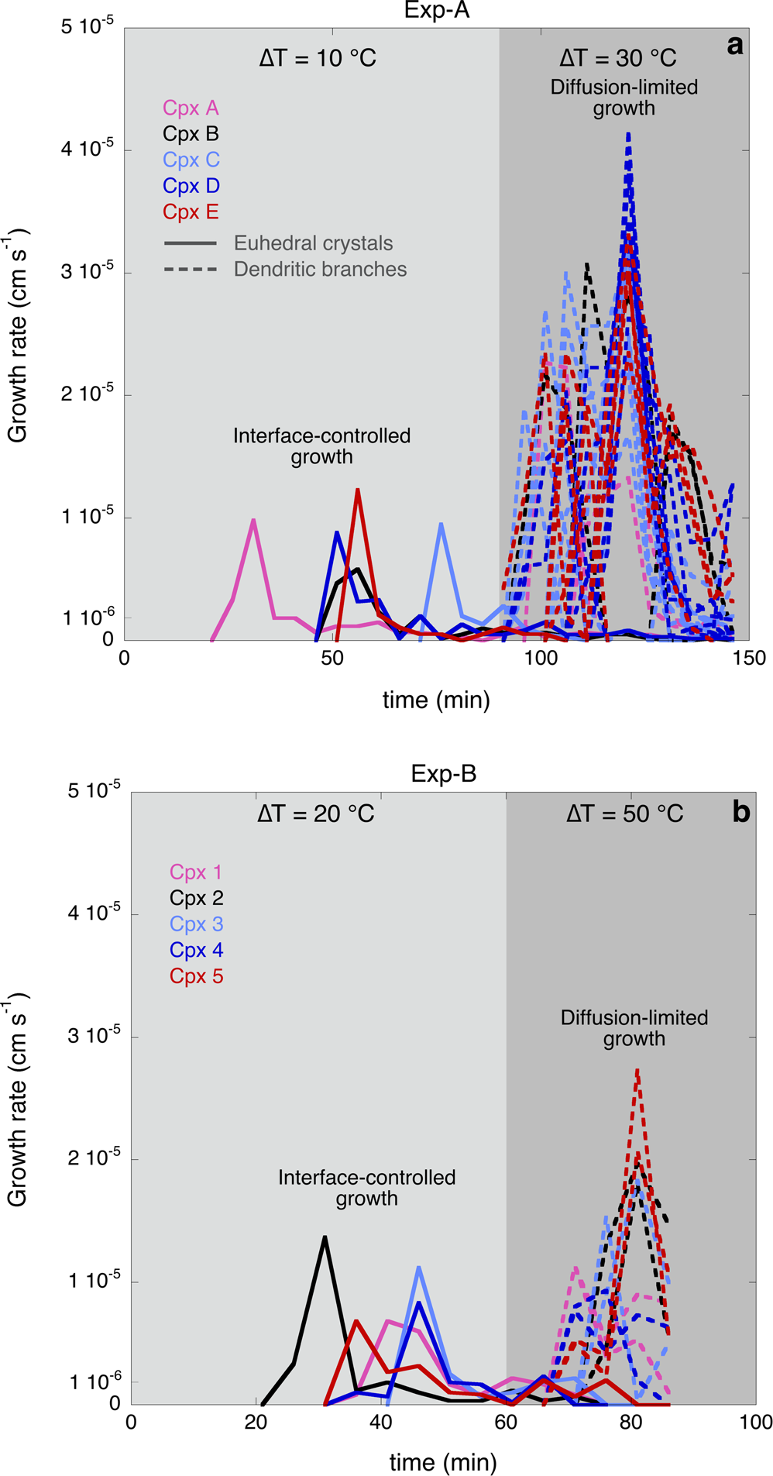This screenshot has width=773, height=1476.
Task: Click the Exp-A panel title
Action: (x=437, y=11)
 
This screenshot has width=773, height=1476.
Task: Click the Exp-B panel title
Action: (x=443, y=773)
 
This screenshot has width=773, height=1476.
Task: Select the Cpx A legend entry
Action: (x=191, y=108)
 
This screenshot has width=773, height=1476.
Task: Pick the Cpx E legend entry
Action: (x=191, y=212)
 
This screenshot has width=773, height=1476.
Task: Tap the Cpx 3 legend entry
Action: (x=196, y=924)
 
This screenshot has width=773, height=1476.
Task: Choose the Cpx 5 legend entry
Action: (x=196, y=975)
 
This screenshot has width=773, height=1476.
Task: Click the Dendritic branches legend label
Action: (x=320, y=269)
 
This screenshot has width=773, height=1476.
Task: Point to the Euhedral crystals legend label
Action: (x=313, y=243)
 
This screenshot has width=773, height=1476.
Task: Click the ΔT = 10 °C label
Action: (x=318, y=58)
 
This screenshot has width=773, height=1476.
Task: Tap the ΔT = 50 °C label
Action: (x=624, y=814)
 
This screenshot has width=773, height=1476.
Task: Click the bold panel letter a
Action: (x=734, y=45)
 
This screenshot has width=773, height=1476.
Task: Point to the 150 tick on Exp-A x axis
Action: (x=748, y=659)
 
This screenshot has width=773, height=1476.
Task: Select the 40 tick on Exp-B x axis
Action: (x=380, y=1422)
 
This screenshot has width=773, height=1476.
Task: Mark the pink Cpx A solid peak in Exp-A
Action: (x=253, y=520)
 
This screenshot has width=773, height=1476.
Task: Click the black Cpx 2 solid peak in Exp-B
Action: (x=325, y=1237)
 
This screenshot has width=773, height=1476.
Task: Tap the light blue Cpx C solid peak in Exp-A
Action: (x=441, y=524)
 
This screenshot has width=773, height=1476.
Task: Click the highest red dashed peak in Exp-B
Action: (x=637, y=1070)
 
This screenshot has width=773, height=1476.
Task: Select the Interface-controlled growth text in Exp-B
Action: (x=366, y=1188)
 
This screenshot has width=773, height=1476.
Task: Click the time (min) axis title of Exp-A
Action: (x=436, y=700)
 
